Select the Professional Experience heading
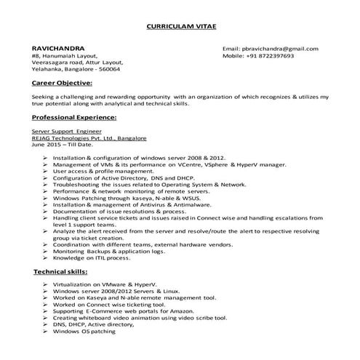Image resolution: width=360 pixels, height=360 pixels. point(74,116)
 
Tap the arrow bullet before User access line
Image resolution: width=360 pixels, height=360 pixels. point(46,171)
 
